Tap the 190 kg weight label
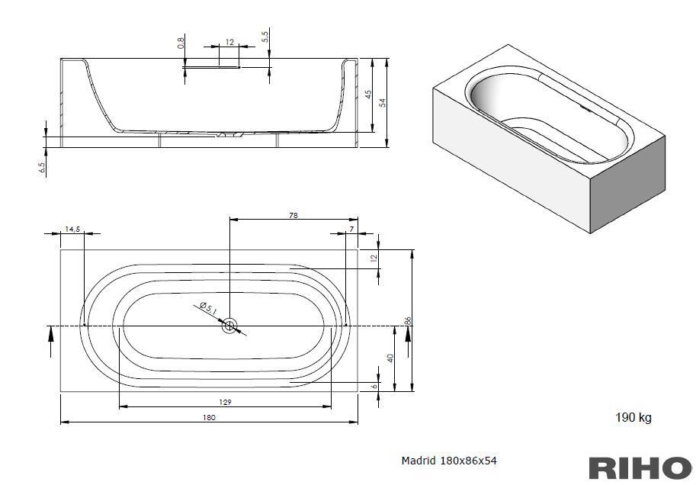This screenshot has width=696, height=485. tap(633, 417)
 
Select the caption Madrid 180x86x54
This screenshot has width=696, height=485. tap(449, 461)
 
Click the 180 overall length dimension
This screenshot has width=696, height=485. tap(209, 417)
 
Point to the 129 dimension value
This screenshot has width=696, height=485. tap(226, 403)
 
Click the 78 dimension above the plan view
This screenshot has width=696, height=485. tap(293, 215)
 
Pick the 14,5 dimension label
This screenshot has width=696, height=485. tap(72, 230)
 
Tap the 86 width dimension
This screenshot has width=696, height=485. tap(409, 321)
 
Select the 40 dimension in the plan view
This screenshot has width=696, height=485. tap(390, 358)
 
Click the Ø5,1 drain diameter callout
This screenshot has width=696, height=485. tap(208, 309)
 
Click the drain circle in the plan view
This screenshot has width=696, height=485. tap(230, 326)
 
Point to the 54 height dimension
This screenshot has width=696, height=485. tap(383, 102)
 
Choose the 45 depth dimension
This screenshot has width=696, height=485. tap(368, 95)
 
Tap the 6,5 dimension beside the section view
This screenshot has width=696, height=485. tap(42, 168)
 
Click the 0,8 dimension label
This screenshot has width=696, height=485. tap(180, 43)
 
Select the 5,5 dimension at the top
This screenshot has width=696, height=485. tap(265, 37)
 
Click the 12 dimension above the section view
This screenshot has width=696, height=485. tap(229, 42)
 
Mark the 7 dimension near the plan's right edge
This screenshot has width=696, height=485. tap(351, 230)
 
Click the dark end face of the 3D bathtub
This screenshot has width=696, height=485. tap(627, 185)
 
